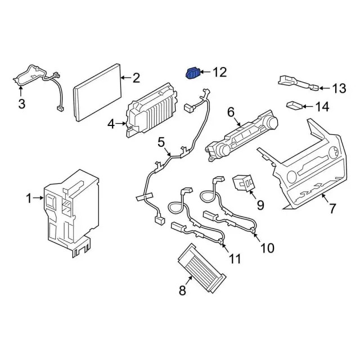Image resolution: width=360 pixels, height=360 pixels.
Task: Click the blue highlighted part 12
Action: click(193, 73)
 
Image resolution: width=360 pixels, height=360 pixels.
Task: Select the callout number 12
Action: click(219, 72)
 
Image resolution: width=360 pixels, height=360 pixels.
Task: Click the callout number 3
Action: click(21, 103)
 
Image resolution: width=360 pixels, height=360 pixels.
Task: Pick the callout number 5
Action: click(161, 143)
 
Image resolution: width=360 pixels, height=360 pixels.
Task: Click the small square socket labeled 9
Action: click(243, 183)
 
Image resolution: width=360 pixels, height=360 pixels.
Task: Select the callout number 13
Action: click(339, 88)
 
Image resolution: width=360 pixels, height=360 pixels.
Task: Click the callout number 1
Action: click(29, 197)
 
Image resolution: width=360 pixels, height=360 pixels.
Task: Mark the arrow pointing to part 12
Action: click(206, 72)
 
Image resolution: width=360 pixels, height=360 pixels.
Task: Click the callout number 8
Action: click(182, 290)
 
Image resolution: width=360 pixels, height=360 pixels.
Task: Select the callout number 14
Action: click(338, 106)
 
